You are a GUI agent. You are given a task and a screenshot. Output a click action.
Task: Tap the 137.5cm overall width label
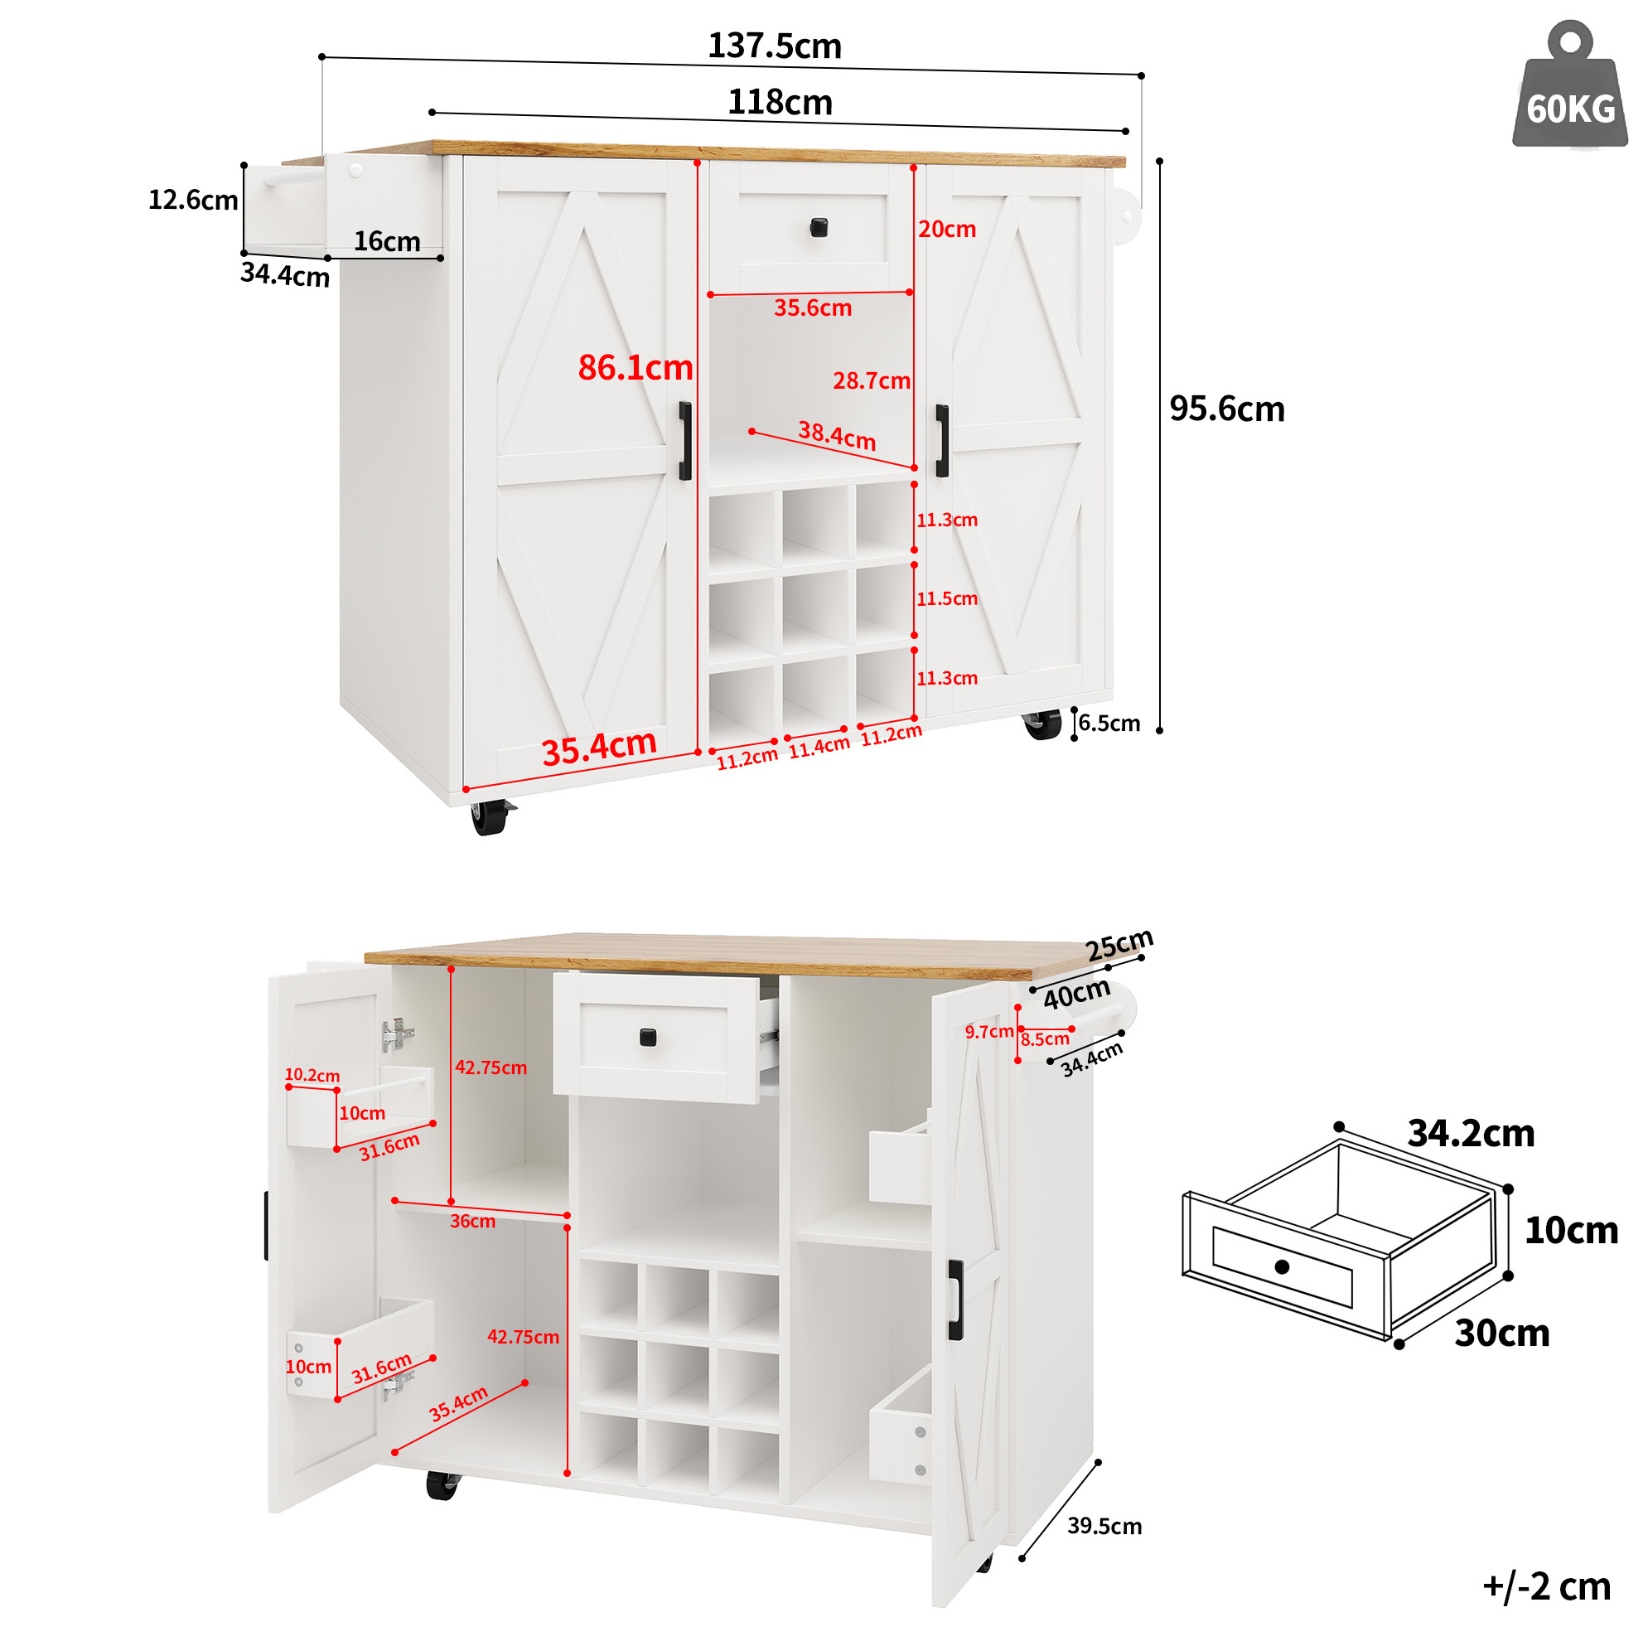[775, 46]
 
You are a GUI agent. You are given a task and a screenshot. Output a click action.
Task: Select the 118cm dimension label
[780, 103]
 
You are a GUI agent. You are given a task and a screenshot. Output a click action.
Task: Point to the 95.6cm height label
[1226, 409]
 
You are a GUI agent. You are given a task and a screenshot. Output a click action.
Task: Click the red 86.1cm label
[636, 368]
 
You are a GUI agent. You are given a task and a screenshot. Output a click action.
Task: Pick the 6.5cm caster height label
[1109, 723]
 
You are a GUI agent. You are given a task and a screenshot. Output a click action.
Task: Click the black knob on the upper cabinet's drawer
[818, 227]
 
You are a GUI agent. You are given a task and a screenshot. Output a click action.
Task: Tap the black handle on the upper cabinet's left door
[685, 441]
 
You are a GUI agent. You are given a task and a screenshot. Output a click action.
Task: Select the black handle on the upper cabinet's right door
[942, 440]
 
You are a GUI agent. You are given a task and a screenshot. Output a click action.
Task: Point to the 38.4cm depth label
[837, 436]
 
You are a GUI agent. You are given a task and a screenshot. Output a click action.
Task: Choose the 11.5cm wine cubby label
[947, 599]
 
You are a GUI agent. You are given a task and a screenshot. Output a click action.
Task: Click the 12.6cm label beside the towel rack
[193, 200]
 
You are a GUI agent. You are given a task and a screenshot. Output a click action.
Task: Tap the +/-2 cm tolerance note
[1545, 1585]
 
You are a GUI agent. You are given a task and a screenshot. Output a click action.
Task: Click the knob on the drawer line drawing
[1281, 1266]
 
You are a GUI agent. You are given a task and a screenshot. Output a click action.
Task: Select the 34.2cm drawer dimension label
[1471, 1133]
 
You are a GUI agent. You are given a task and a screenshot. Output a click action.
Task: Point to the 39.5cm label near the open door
[1104, 1526]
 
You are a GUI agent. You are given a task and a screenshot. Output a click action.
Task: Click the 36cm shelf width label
[472, 1221]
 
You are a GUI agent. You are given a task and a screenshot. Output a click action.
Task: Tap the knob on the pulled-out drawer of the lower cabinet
[647, 1037]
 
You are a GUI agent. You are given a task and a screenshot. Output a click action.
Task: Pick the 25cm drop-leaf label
[1119, 945]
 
